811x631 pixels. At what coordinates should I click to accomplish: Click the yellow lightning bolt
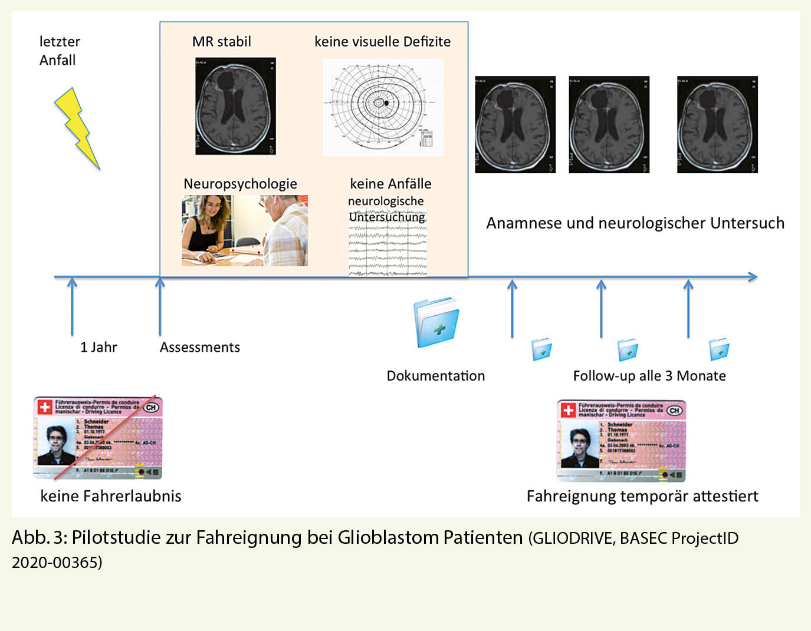77,128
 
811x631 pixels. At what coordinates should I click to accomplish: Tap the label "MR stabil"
221,42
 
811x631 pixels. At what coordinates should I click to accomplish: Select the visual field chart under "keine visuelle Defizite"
383,107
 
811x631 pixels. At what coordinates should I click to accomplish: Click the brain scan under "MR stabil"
235,106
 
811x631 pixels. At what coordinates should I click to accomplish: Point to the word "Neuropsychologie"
240,184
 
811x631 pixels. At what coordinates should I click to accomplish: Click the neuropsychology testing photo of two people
245,230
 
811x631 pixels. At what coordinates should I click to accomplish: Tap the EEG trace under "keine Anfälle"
388,250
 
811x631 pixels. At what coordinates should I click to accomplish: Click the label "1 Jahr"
98,348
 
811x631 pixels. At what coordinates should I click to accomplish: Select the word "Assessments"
200,348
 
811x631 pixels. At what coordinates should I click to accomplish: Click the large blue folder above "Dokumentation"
436,322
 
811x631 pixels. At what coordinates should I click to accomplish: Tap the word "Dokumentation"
435,376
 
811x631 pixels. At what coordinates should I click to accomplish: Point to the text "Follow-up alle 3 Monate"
649,376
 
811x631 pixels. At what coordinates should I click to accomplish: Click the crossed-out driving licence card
98,438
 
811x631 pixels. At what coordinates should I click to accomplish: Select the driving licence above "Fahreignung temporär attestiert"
621,441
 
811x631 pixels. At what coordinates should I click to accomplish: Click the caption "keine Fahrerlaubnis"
111,496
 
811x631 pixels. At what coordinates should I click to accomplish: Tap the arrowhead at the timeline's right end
752,277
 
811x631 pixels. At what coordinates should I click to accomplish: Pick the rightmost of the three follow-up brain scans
717,124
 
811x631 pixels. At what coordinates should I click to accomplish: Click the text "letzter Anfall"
59,51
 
